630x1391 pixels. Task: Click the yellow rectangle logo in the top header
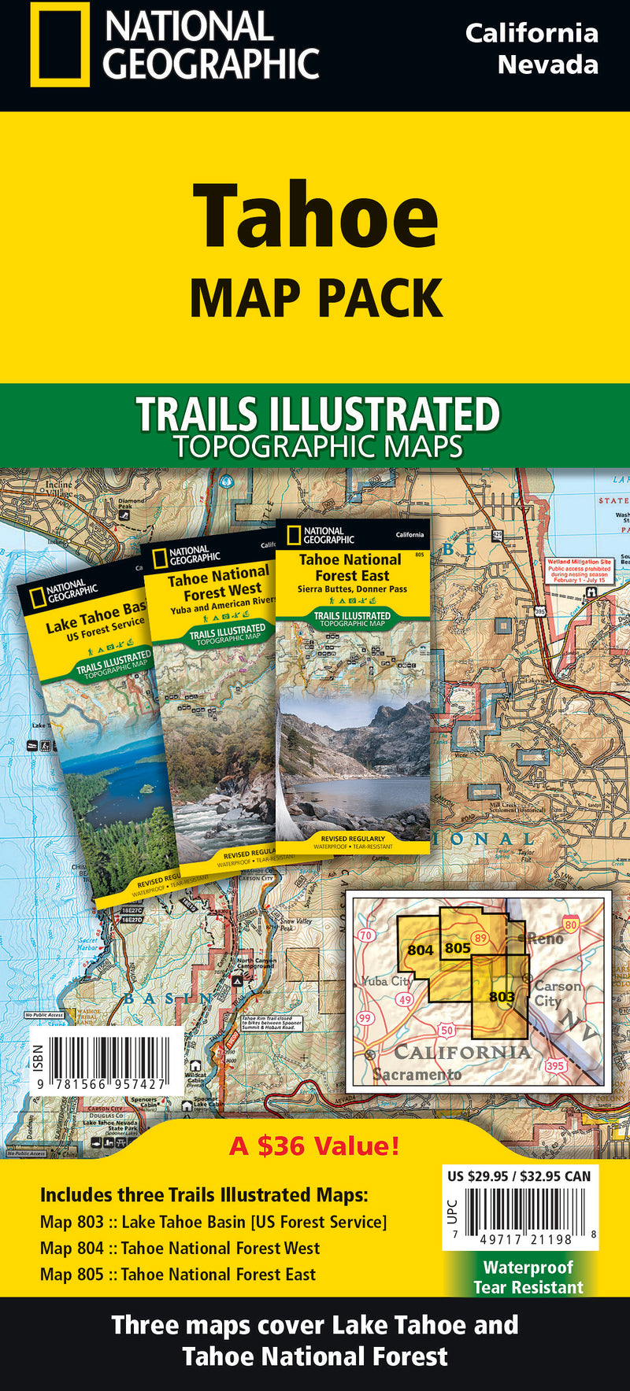coord(60,44)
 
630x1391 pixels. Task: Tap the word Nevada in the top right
coord(547,65)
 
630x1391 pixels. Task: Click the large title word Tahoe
coord(315,216)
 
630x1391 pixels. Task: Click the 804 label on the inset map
coord(420,950)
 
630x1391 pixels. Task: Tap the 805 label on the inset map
coord(458,948)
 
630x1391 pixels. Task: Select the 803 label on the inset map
coord(502,997)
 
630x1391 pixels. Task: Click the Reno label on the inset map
coord(545,939)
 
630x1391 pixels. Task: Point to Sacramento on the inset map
coord(417,1074)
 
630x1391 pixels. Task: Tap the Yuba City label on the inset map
coord(387,981)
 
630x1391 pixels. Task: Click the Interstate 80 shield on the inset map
coord(571,925)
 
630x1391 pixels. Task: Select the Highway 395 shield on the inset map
coord(555,1066)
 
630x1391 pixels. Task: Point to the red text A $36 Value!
coord(314,1146)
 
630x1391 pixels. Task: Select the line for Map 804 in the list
coord(180,1248)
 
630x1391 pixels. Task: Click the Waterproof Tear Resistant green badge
coord(528,1276)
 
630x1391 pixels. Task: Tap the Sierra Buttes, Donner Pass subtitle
coord(352,589)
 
